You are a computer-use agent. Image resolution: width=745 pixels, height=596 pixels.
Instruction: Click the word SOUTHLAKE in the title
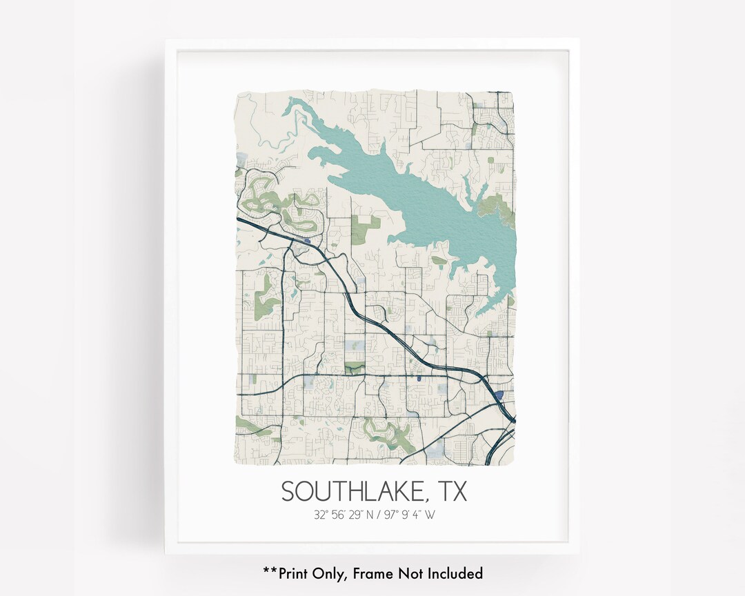tap(352, 491)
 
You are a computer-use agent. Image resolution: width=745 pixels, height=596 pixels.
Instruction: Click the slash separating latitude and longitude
tap(388, 515)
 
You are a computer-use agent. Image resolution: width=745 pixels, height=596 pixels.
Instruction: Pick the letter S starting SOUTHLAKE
tap(289, 491)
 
